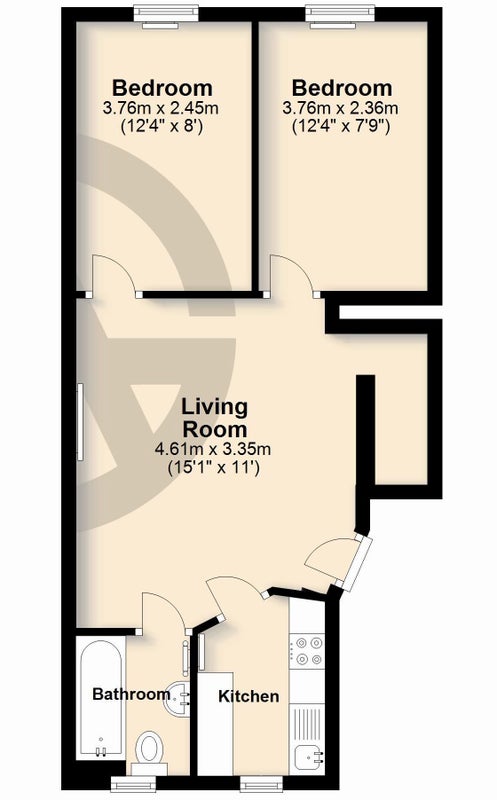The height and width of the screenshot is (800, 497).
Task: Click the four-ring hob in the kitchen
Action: click(307, 651)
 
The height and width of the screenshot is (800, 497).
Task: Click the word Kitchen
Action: click(248, 696)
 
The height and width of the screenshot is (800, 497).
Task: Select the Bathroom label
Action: click(131, 694)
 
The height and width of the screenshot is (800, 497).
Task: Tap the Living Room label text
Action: click(215, 418)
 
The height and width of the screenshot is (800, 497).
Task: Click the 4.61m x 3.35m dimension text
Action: click(213, 449)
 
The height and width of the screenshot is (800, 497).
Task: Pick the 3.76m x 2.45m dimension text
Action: click(161, 108)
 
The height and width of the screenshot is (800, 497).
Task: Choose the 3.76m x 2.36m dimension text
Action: click(340, 108)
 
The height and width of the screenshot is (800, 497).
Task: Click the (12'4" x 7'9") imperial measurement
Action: click(341, 126)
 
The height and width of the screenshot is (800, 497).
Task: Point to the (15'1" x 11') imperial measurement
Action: click(214, 467)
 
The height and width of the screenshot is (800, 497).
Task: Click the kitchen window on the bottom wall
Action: click(261, 782)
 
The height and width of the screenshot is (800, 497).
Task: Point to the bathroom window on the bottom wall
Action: click(134, 782)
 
